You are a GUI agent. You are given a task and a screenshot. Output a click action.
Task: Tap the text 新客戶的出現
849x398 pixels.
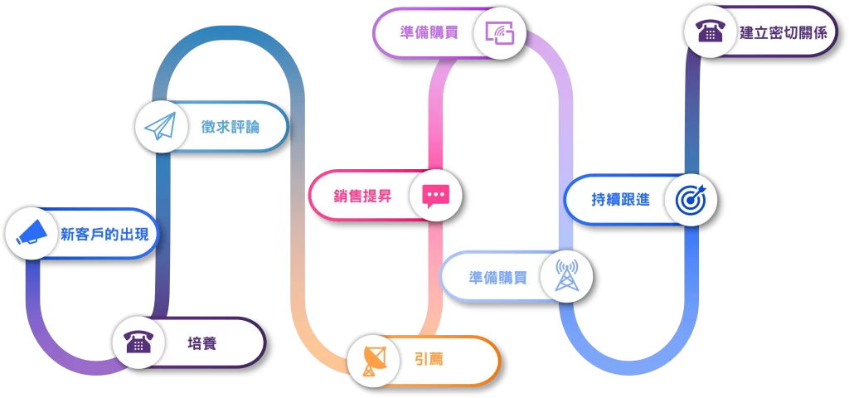[x=104, y=234]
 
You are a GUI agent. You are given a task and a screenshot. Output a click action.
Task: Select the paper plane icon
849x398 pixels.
[x=161, y=127]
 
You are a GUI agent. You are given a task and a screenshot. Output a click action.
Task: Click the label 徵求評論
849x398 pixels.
[x=230, y=127]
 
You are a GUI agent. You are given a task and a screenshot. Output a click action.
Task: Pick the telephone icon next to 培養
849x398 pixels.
[x=138, y=342]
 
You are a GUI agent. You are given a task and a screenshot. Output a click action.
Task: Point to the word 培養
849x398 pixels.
[x=202, y=342]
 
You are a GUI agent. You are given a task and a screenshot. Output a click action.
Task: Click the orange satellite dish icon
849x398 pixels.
[x=373, y=361]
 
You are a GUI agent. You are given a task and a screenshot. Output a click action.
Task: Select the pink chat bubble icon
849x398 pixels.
[x=435, y=196]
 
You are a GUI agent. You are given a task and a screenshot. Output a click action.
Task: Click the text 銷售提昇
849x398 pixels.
[x=362, y=197]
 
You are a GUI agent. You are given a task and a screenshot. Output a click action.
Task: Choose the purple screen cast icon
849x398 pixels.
[x=500, y=33]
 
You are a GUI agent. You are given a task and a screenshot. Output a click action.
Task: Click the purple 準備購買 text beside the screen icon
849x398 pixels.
[x=429, y=32]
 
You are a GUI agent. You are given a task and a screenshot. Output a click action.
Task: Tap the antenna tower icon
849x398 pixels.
[x=567, y=276]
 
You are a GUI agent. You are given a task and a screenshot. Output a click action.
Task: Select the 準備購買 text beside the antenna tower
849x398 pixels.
[x=497, y=277]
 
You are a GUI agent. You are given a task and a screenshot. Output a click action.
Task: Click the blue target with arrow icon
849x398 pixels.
[x=690, y=199]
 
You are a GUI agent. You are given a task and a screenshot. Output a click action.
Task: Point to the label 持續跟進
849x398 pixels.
[x=620, y=200]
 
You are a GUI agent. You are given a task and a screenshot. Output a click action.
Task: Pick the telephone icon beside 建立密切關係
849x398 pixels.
[x=710, y=32]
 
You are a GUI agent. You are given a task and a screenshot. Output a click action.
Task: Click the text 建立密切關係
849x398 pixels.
[x=783, y=33]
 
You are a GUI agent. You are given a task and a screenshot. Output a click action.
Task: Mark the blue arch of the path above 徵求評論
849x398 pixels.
[x=228, y=37]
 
